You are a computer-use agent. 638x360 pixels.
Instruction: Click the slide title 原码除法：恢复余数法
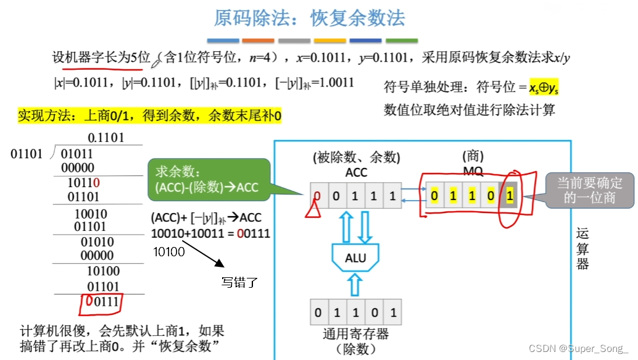coord(309,18)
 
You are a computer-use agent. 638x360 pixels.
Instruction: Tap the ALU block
coord(355,257)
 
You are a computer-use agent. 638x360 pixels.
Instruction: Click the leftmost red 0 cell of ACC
coord(317,196)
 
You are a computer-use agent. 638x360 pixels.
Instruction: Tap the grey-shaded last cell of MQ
coord(510,196)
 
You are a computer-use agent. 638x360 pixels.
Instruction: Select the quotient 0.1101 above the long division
coord(106,137)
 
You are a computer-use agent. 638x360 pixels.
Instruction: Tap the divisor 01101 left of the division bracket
coord(27,153)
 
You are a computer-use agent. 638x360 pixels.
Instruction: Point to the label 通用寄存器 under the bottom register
coord(355,334)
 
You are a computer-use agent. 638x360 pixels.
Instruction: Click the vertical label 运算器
coord(582,248)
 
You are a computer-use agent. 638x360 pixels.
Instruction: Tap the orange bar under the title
coord(258,41)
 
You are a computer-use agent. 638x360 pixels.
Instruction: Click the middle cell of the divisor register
coord(355,312)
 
